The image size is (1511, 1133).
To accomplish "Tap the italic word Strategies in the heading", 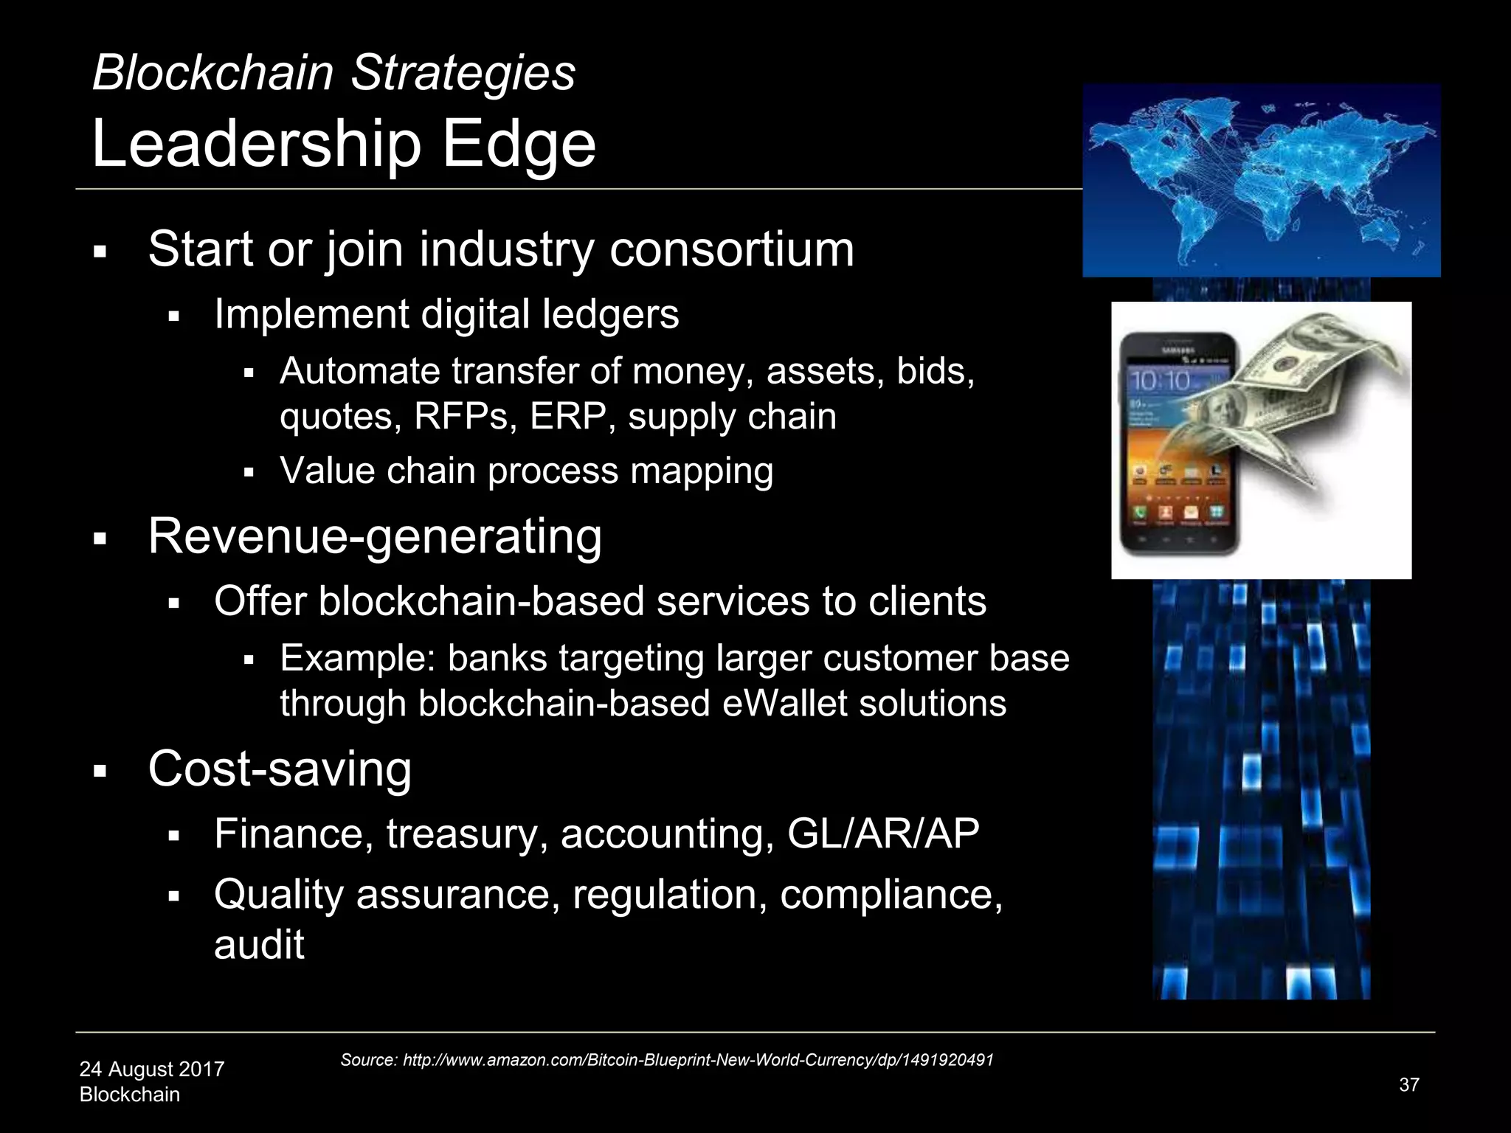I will click(463, 73).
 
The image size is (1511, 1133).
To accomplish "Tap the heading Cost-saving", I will click(280, 769).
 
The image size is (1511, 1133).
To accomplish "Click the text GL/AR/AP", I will click(883, 834).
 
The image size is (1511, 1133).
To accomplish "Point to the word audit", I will click(259, 945).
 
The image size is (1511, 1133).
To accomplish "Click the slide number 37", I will click(1408, 1085).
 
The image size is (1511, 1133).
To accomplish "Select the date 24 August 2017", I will click(152, 1069).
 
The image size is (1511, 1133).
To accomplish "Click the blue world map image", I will click(1261, 181).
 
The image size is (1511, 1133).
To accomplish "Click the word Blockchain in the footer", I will click(130, 1095).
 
